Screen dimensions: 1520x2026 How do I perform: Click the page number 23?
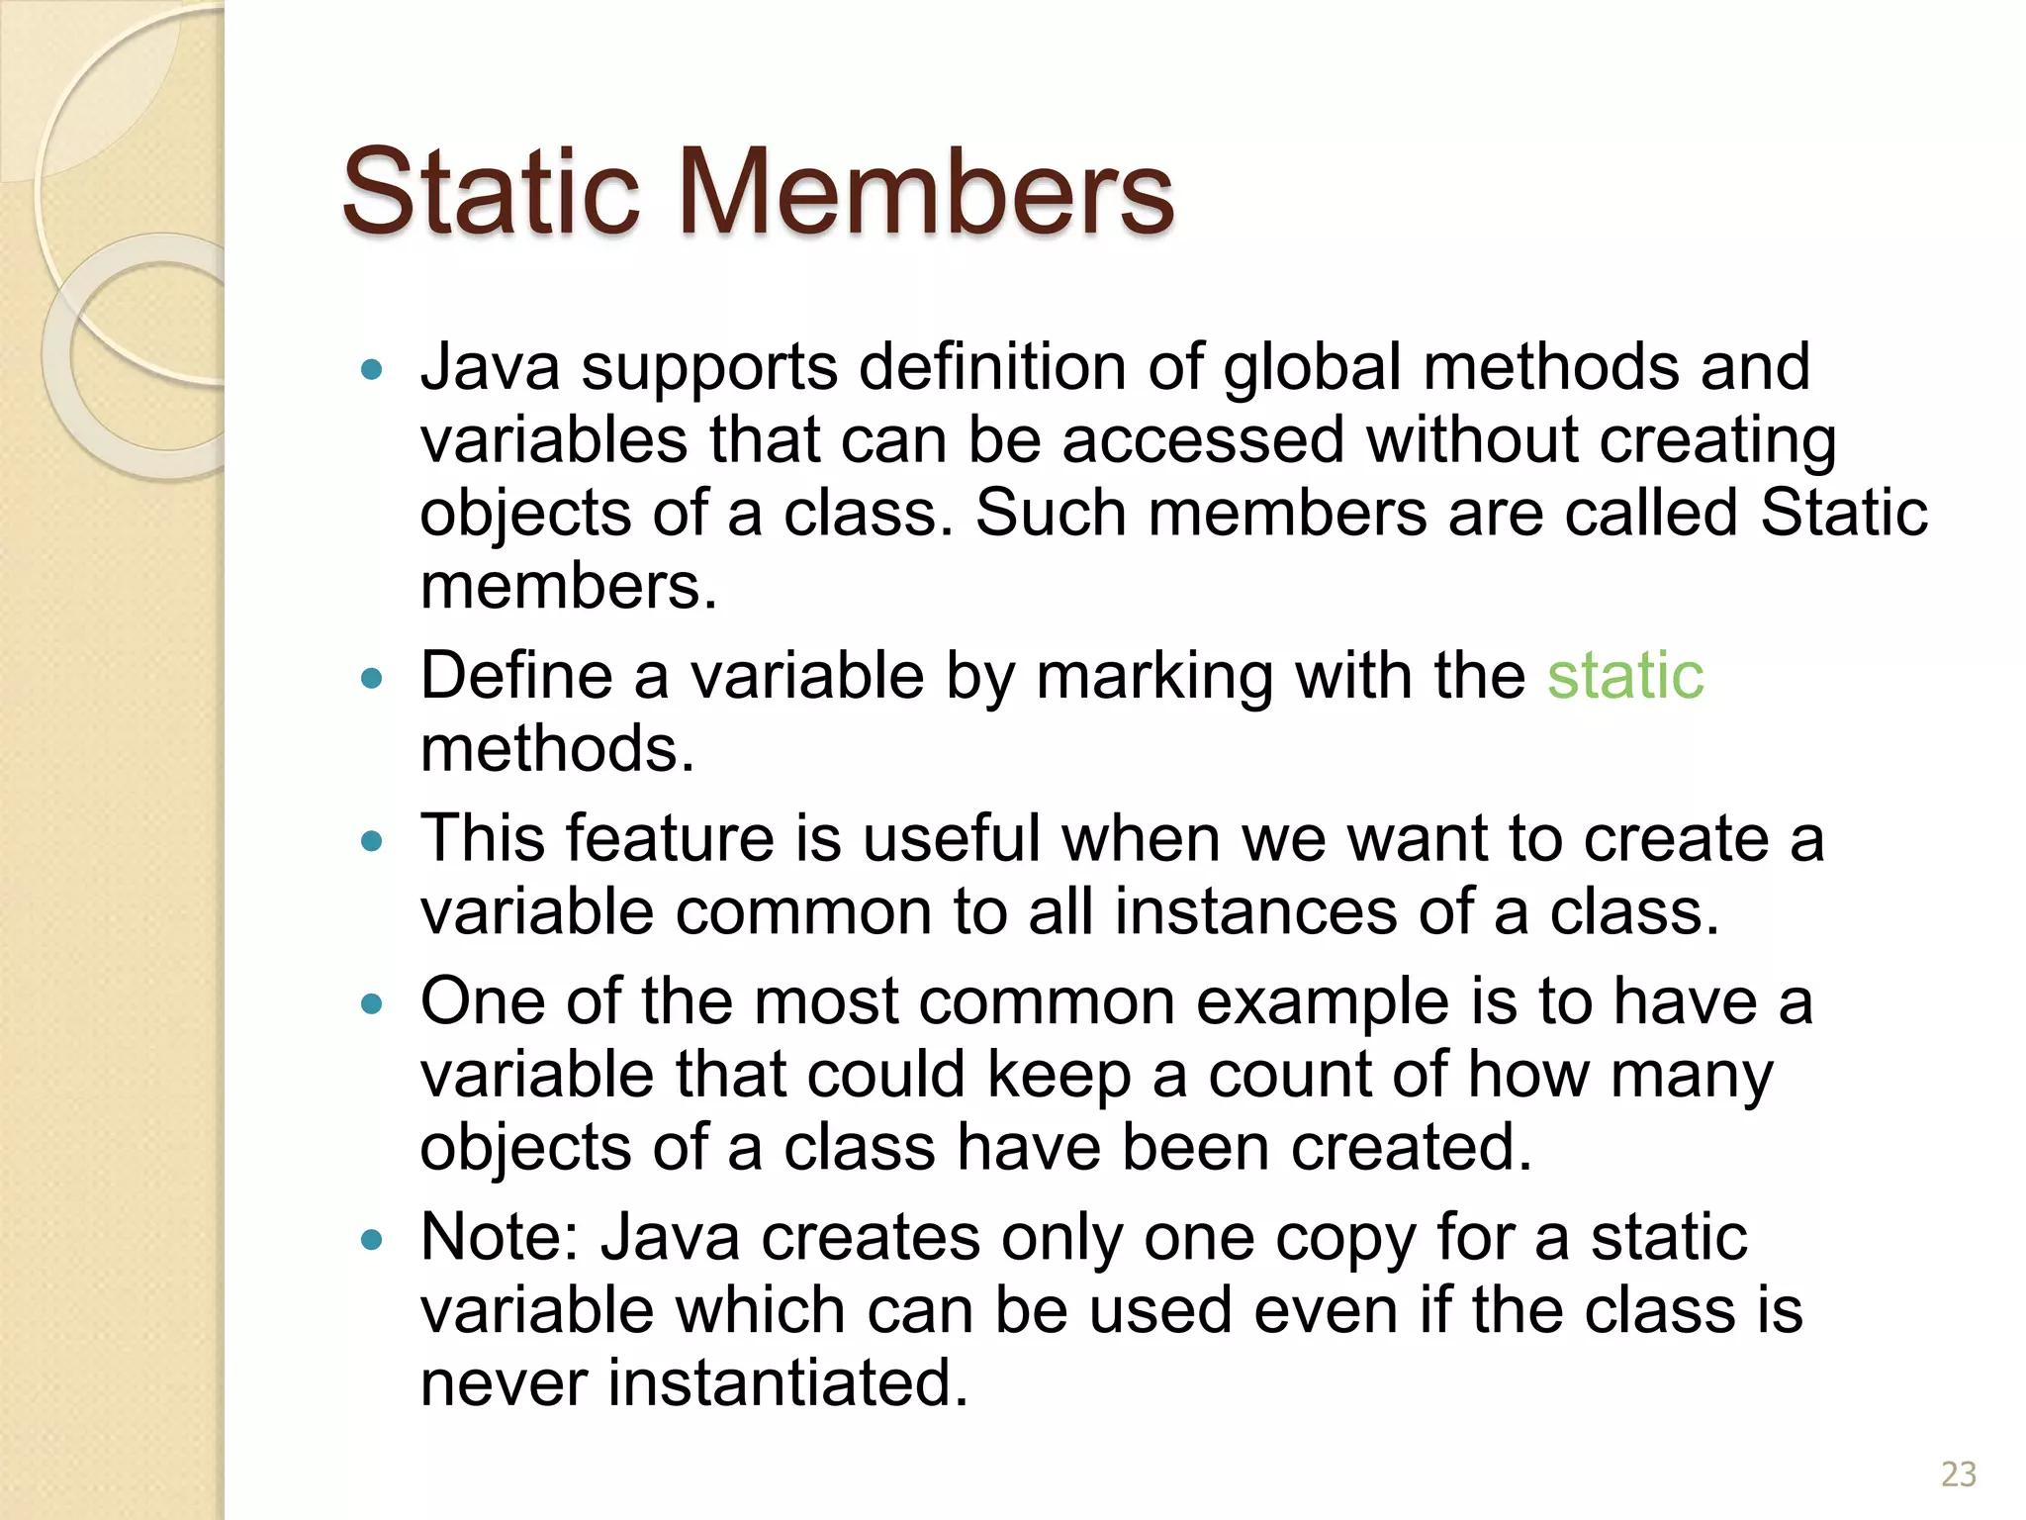click(1958, 1473)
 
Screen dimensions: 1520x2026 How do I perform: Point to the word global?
click(1312, 368)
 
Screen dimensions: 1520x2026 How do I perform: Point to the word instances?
click(1255, 911)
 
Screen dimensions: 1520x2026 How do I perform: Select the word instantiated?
click(787, 1382)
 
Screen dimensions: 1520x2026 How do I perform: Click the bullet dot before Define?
click(372, 679)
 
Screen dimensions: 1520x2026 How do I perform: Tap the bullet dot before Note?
click(372, 1240)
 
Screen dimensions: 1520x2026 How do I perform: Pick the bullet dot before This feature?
click(372, 842)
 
